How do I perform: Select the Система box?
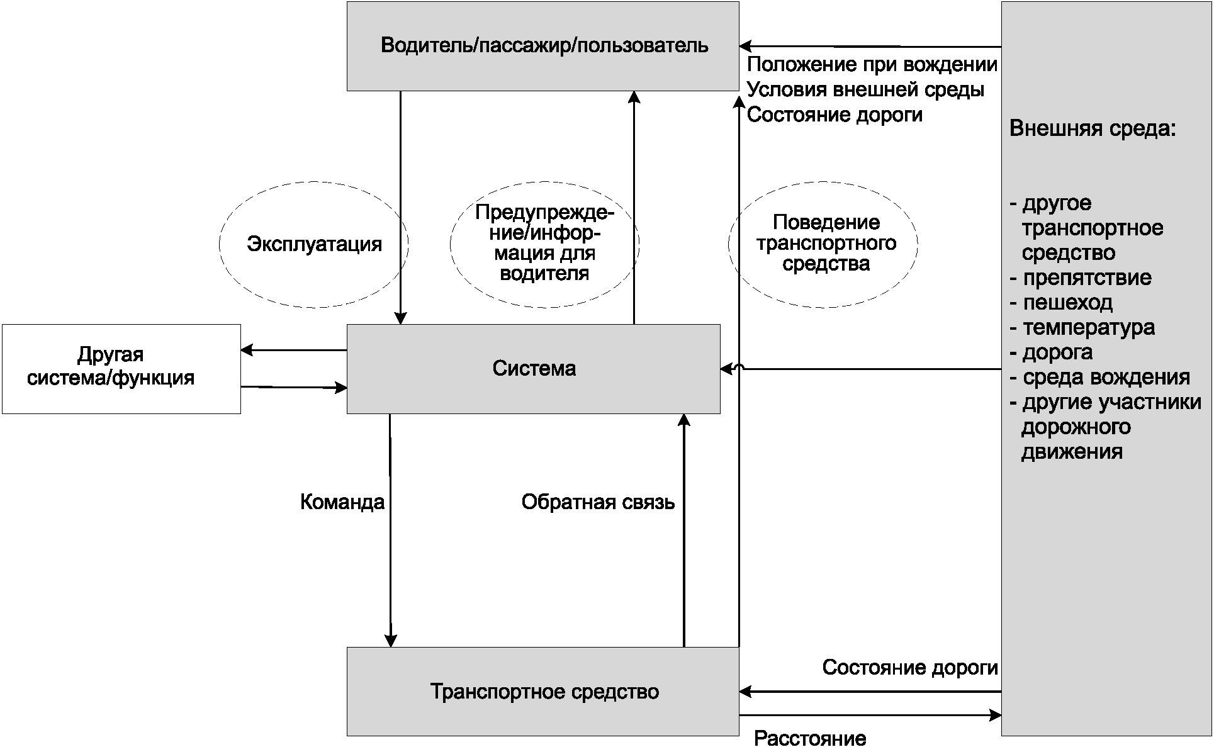(533, 369)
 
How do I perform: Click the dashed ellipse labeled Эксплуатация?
(313, 244)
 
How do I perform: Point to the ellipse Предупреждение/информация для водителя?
(544, 244)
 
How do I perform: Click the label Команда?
(342, 502)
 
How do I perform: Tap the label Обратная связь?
(598, 502)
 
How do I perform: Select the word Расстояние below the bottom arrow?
(810, 738)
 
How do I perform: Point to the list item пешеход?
(1067, 303)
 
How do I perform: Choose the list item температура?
(1088, 328)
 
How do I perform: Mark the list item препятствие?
(1087, 278)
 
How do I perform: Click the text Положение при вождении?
(872, 65)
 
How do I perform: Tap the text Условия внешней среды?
(865, 90)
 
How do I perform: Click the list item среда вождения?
(1106, 378)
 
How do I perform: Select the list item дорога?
(1057, 352)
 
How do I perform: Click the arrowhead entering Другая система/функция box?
(246, 350)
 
